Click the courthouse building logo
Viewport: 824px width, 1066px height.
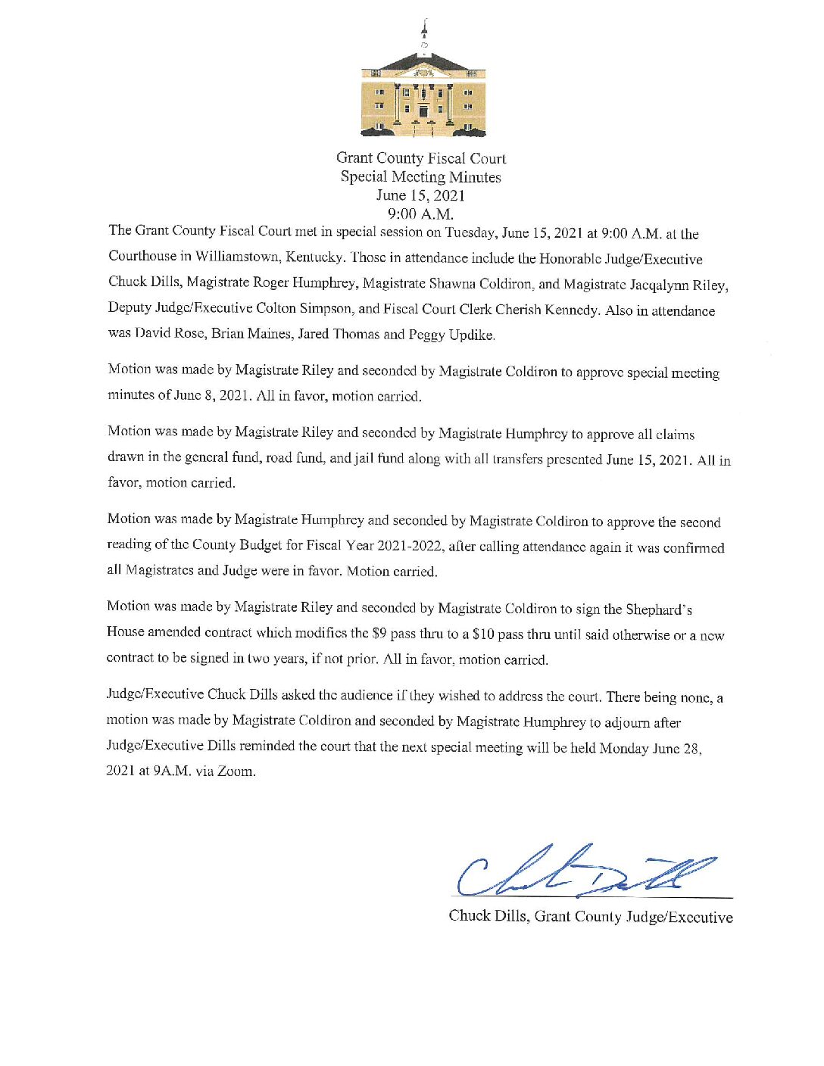pos(423,87)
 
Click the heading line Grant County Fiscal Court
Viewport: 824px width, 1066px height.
pos(421,158)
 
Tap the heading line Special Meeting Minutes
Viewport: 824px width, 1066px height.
pos(420,177)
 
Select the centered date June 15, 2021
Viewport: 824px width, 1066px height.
pos(420,195)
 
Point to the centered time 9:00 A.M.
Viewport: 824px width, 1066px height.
pos(420,214)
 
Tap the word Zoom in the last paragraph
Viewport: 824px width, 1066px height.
pos(236,771)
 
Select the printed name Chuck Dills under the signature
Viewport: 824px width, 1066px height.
pos(488,916)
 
